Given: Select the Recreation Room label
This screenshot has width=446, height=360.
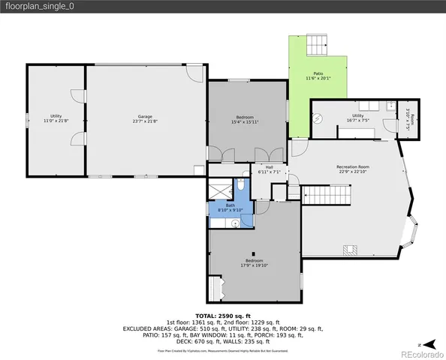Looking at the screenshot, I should pos(353,166).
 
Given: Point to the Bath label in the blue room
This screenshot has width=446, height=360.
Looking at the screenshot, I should pos(231,205).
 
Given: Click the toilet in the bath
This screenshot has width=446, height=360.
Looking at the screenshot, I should pos(243,184).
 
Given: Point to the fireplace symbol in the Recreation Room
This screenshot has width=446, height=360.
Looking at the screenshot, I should pos(349,250).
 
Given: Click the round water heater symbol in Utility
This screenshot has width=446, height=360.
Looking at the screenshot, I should pos(318,118).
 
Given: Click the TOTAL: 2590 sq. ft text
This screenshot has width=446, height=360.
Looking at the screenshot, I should pos(223,316).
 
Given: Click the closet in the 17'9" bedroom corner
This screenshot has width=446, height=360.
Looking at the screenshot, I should pos(216,288).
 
